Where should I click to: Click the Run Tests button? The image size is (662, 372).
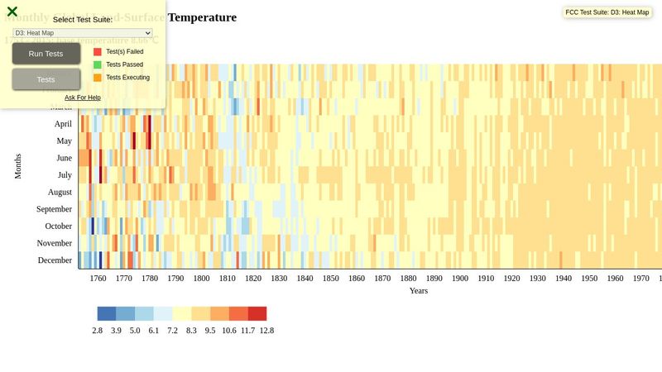[x=46, y=54]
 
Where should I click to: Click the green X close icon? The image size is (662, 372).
[x=12, y=12]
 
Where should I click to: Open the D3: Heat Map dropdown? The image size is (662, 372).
[x=83, y=33]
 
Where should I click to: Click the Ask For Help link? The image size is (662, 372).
[x=83, y=98]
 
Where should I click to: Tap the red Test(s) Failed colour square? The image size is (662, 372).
[x=98, y=52]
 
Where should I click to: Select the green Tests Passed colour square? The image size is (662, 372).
[x=98, y=64]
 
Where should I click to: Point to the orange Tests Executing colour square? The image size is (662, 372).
[x=98, y=78]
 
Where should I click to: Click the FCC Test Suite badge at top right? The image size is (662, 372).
[x=607, y=12]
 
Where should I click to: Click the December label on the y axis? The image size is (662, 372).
[x=55, y=260]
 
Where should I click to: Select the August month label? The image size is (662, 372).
[x=60, y=193]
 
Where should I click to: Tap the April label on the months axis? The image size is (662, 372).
[x=63, y=124]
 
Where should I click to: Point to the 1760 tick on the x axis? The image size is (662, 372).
[x=98, y=279]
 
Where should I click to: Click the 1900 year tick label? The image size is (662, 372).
[x=460, y=279]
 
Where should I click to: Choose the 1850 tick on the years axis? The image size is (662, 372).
[x=331, y=279]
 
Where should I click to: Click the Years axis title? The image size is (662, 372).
[x=418, y=291]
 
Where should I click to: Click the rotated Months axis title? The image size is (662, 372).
[x=17, y=165]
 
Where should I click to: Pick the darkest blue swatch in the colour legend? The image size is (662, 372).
[x=107, y=314]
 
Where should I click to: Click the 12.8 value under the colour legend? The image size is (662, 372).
[x=266, y=331]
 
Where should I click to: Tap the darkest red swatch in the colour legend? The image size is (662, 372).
[x=257, y=314]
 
